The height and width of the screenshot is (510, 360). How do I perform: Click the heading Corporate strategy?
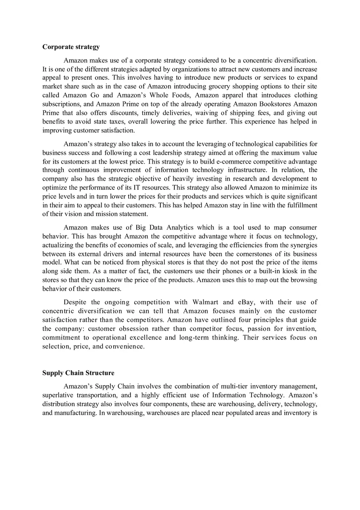click(x=71, y=47)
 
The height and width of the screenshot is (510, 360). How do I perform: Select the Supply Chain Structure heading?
click(x=78, y=373)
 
